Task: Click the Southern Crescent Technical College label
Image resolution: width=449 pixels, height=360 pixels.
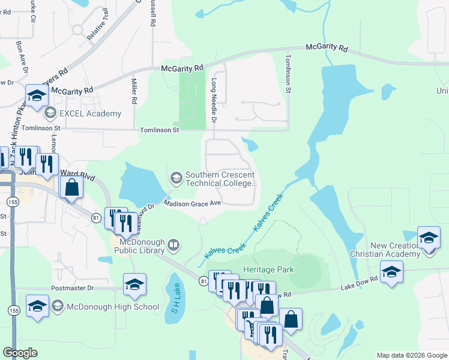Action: point(221,179)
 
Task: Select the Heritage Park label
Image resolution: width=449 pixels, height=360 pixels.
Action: point(268,269)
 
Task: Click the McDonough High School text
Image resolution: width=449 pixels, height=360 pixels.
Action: point(112,307)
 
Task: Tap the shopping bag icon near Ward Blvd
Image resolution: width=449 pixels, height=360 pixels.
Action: point(71,187)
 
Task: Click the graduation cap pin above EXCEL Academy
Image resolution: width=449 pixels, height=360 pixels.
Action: point(37,95)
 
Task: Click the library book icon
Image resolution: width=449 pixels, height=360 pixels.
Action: point(173,244)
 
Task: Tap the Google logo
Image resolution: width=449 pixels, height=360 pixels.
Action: point(20,353)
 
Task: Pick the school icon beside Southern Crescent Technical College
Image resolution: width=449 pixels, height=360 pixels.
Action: point(176,177)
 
